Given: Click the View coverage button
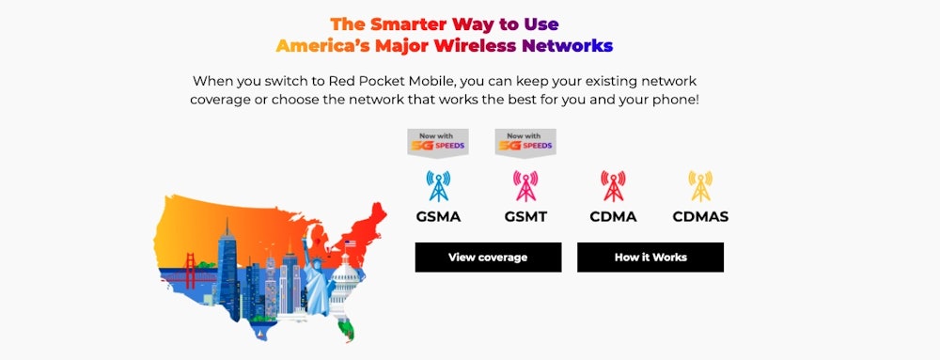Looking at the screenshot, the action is (x=488, y=258).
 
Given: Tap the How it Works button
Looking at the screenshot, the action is (x=650, y=258).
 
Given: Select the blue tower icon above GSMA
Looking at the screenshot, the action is (x=438, y=186).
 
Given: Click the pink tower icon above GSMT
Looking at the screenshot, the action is (x=525, y=186).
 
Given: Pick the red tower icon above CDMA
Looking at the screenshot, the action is (x=613, y=186).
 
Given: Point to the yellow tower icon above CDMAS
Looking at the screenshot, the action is (x=700, y=186).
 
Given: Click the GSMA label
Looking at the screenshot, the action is (x=438, y=217).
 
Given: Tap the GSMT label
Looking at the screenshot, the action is (x=525, y=217).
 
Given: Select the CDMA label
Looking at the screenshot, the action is (x=613, y=217).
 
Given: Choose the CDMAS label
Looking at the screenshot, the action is (x=700, y=217).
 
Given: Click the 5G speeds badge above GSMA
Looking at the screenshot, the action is (x=438, y=143).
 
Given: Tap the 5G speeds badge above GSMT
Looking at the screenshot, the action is (x=525, y=143).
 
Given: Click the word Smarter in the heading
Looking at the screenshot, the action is (x=408, y=23).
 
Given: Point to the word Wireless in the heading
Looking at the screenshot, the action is (x=477, y=46).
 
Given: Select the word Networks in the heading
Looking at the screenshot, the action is (x=567, y=46).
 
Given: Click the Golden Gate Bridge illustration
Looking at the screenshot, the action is (x=187, y=274).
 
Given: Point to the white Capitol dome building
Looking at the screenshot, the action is (x=344, y=283).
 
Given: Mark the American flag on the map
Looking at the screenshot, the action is (x=350, y=243).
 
